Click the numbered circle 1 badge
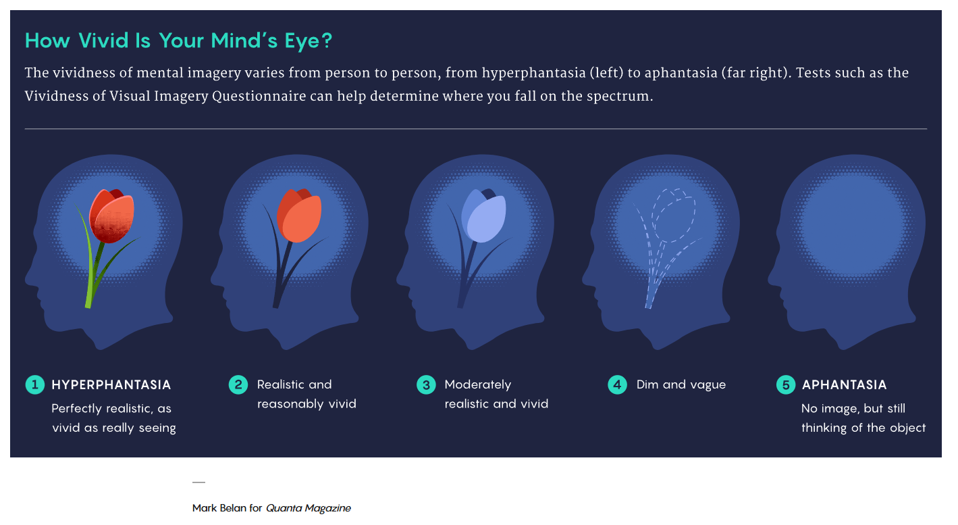click(x=35, y=384)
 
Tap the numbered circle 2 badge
click(x=238, y=384)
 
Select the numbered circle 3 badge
click(x=426, y=384)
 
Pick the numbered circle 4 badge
click(x=617, y=384)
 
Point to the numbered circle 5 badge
click(x=786, y=384)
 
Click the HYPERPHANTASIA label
click(x=111, y=384)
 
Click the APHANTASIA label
click(x=844, y=384)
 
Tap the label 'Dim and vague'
click(x=681, y=384)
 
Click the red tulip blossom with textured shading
click(x=111, y=216)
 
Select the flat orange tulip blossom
click(x=299, y=216)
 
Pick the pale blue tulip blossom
click(x=483, y=216)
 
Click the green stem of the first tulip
click(x=92, y=274)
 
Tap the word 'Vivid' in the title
click(x=103, y=41)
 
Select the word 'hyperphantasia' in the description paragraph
click(x=534, y=73)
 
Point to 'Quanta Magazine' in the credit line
click(x=309, y=508)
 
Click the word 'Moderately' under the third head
click(x=478, y=384)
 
